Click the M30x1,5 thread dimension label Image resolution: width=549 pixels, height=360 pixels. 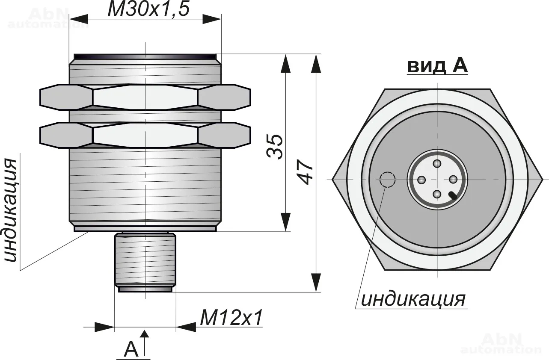(148, 9)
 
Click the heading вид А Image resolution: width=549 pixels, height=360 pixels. (437, 66)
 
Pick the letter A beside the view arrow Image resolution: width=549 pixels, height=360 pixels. (131, 349)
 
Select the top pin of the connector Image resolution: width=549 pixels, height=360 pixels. (437, 164)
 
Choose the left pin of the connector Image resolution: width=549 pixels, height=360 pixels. (421, 180)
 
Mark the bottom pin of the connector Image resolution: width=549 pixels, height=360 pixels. (437, 195)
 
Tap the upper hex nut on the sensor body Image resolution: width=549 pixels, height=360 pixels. (145, 97)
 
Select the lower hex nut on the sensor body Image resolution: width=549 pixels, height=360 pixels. (145, 135)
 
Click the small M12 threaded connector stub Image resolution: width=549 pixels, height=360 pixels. (145, 260)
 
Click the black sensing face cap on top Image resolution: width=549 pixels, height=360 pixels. (145, 56)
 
